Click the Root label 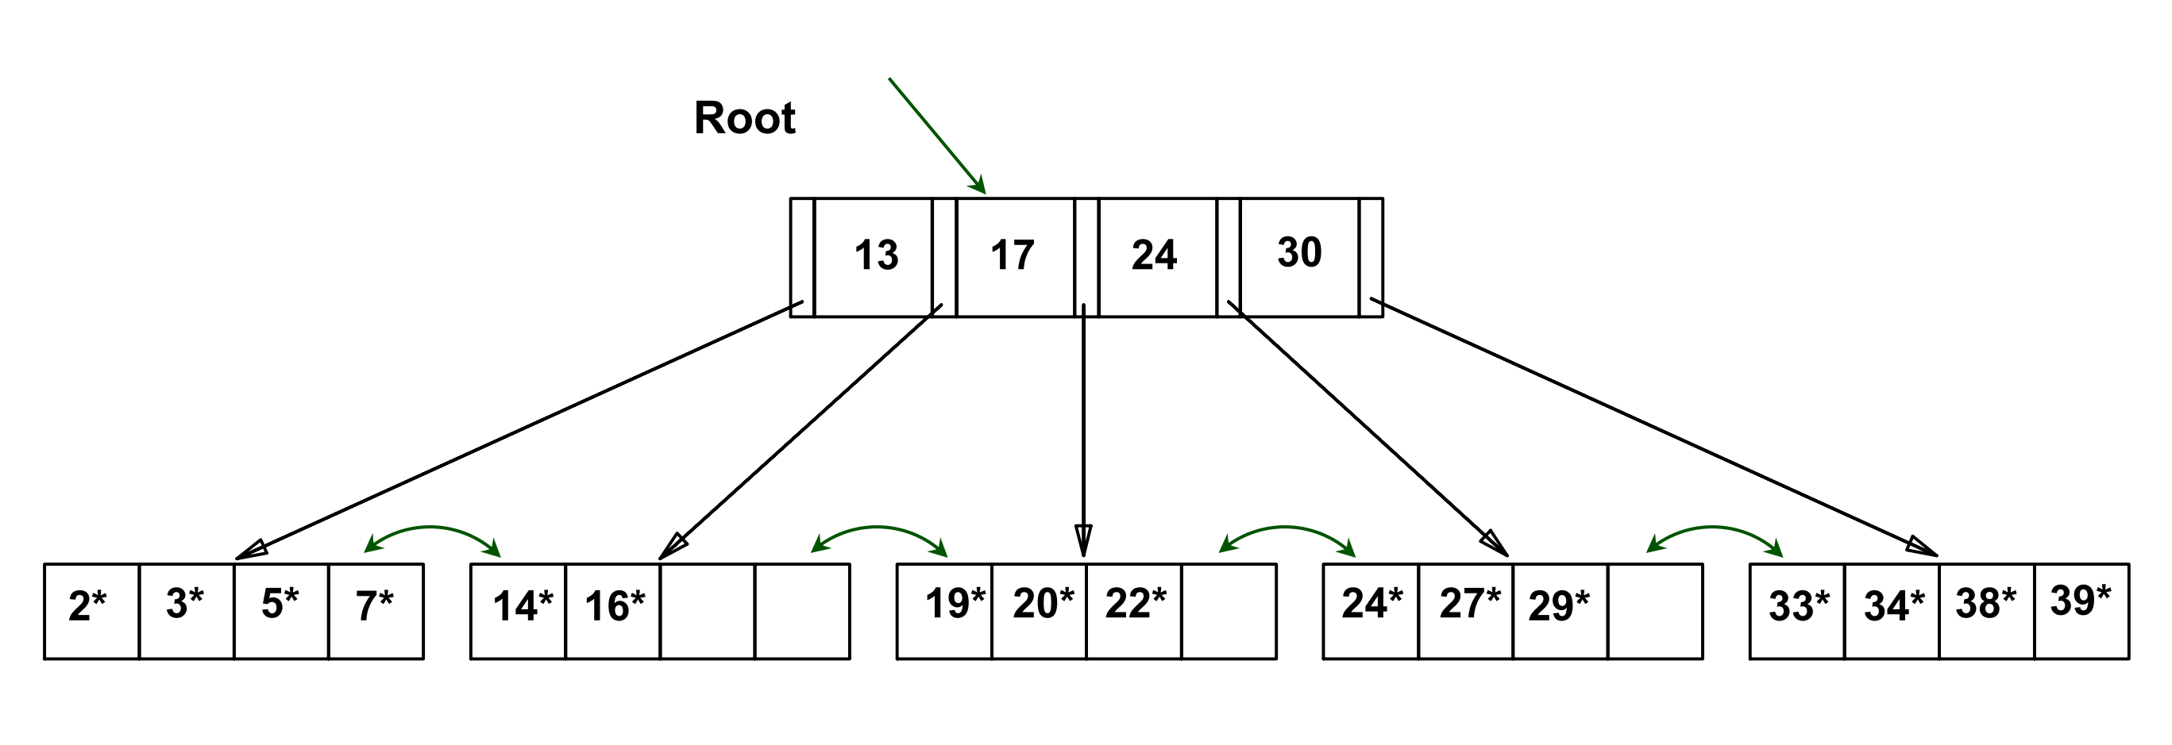745,118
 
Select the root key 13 876,255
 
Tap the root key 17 1012,255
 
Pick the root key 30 1299,253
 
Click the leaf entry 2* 87,607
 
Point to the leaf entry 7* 374,607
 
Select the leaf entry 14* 523,607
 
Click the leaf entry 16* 615,607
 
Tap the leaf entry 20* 1044,605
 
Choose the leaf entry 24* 1372,605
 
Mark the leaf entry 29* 1559,607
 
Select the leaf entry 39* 2081,601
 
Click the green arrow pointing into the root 936,135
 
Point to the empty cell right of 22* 1229,611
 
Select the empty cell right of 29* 1655,611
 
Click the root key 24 1154,255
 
